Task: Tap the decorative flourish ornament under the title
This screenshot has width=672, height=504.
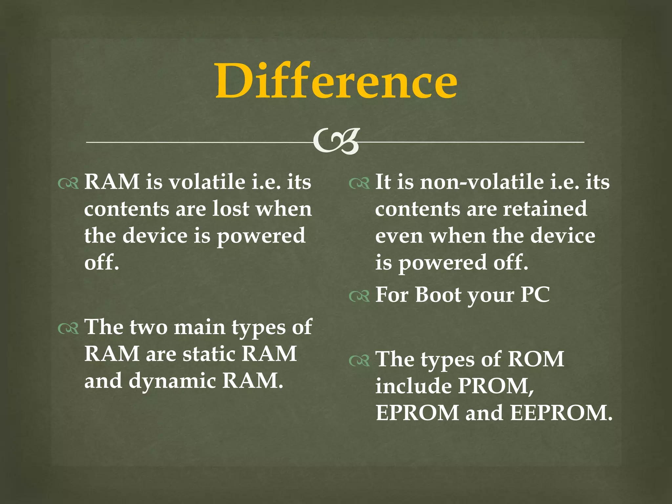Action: coord(336,141)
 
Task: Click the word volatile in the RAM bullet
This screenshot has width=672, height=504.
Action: coord(207,182)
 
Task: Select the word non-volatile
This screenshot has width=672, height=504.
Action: coord(482,182)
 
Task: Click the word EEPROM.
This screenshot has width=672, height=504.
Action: coord(561,412)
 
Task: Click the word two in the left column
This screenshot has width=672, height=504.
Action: coord(149,327)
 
